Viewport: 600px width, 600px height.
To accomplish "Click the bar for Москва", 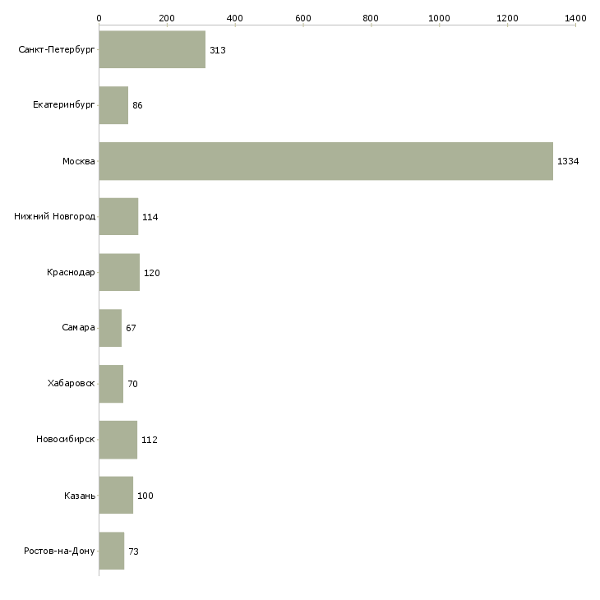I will tap(325, 161).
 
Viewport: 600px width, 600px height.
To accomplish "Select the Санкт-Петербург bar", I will tap(152, 50).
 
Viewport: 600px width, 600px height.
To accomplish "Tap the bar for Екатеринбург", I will tap(113, 105).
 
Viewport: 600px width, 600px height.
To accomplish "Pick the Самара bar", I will tap(110, 328).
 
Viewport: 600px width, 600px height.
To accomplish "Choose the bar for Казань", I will tap(116, 496).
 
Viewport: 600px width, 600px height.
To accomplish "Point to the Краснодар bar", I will tap(119, 273).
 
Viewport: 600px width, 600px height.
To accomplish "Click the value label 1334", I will tap(568, 161).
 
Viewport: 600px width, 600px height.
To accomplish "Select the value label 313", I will tap(217, 50).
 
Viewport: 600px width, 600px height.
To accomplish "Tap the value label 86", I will tap(137, 105).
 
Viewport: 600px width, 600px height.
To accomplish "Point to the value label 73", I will tap(133, 551).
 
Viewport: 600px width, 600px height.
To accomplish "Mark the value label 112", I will tap(149, 440).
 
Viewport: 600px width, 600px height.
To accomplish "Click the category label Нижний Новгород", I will tap(55, 217).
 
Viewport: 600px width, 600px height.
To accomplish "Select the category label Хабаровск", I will tap(72, 384).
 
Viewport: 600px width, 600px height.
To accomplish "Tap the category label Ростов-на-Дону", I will tap(60, 551).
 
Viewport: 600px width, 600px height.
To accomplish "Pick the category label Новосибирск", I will tap(66, 440).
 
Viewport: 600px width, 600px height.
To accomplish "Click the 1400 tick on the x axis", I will tap(575, 17).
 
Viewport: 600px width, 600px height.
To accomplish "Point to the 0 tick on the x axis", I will tap(99, 17).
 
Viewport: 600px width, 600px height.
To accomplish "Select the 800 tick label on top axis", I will tap(371, 17).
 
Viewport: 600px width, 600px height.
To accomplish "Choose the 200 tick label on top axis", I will tap(167, 17).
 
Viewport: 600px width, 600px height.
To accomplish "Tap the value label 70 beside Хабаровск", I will tap(132, 384).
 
